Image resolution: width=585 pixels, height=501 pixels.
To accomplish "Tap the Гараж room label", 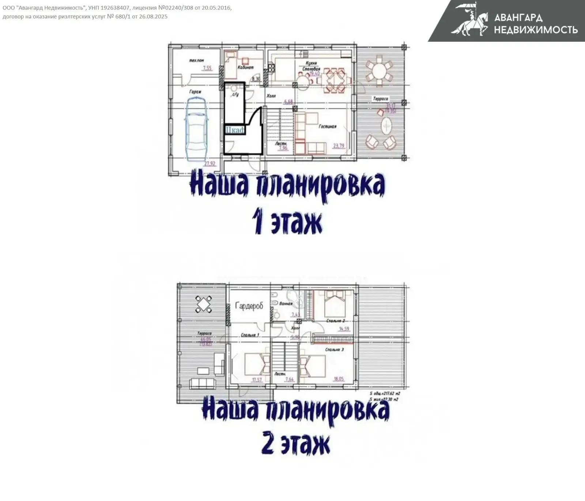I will click(x=195, y=92).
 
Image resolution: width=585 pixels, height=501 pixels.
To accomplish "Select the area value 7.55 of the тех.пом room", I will click(x=207, y=68).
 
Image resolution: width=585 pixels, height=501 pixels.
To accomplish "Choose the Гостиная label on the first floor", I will click(x=327, y=126).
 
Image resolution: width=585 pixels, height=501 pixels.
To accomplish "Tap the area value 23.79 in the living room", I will click(x=339, y=146).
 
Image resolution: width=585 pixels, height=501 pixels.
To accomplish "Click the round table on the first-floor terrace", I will click(x=380, y=71).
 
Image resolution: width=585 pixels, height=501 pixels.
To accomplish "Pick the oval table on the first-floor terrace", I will click(x=386, y=127).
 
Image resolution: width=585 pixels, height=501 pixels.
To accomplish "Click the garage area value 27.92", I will click(x=210, y=164).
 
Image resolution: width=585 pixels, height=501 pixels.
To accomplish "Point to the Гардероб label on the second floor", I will click(x=249, y=306).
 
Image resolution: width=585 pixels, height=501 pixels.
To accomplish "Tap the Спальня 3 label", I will click(x=335, y=349).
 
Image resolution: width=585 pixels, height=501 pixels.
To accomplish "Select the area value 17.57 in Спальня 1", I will click(x=257, y=380).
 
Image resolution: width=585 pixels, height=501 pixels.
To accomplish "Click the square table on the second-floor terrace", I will click(x=204, y=304).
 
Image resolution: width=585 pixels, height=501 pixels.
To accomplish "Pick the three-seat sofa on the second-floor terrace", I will click(x=202, y=384).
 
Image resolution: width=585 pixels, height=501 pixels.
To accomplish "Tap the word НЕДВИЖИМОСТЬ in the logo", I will click(x=536, y=30).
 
